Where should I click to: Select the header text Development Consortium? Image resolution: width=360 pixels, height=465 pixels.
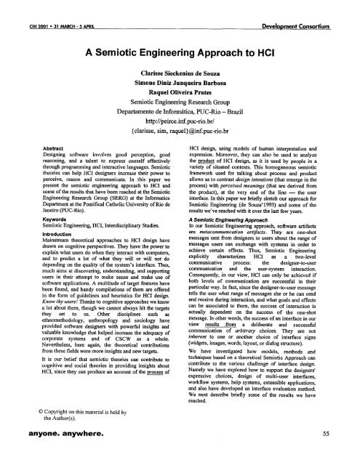point(296,7)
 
